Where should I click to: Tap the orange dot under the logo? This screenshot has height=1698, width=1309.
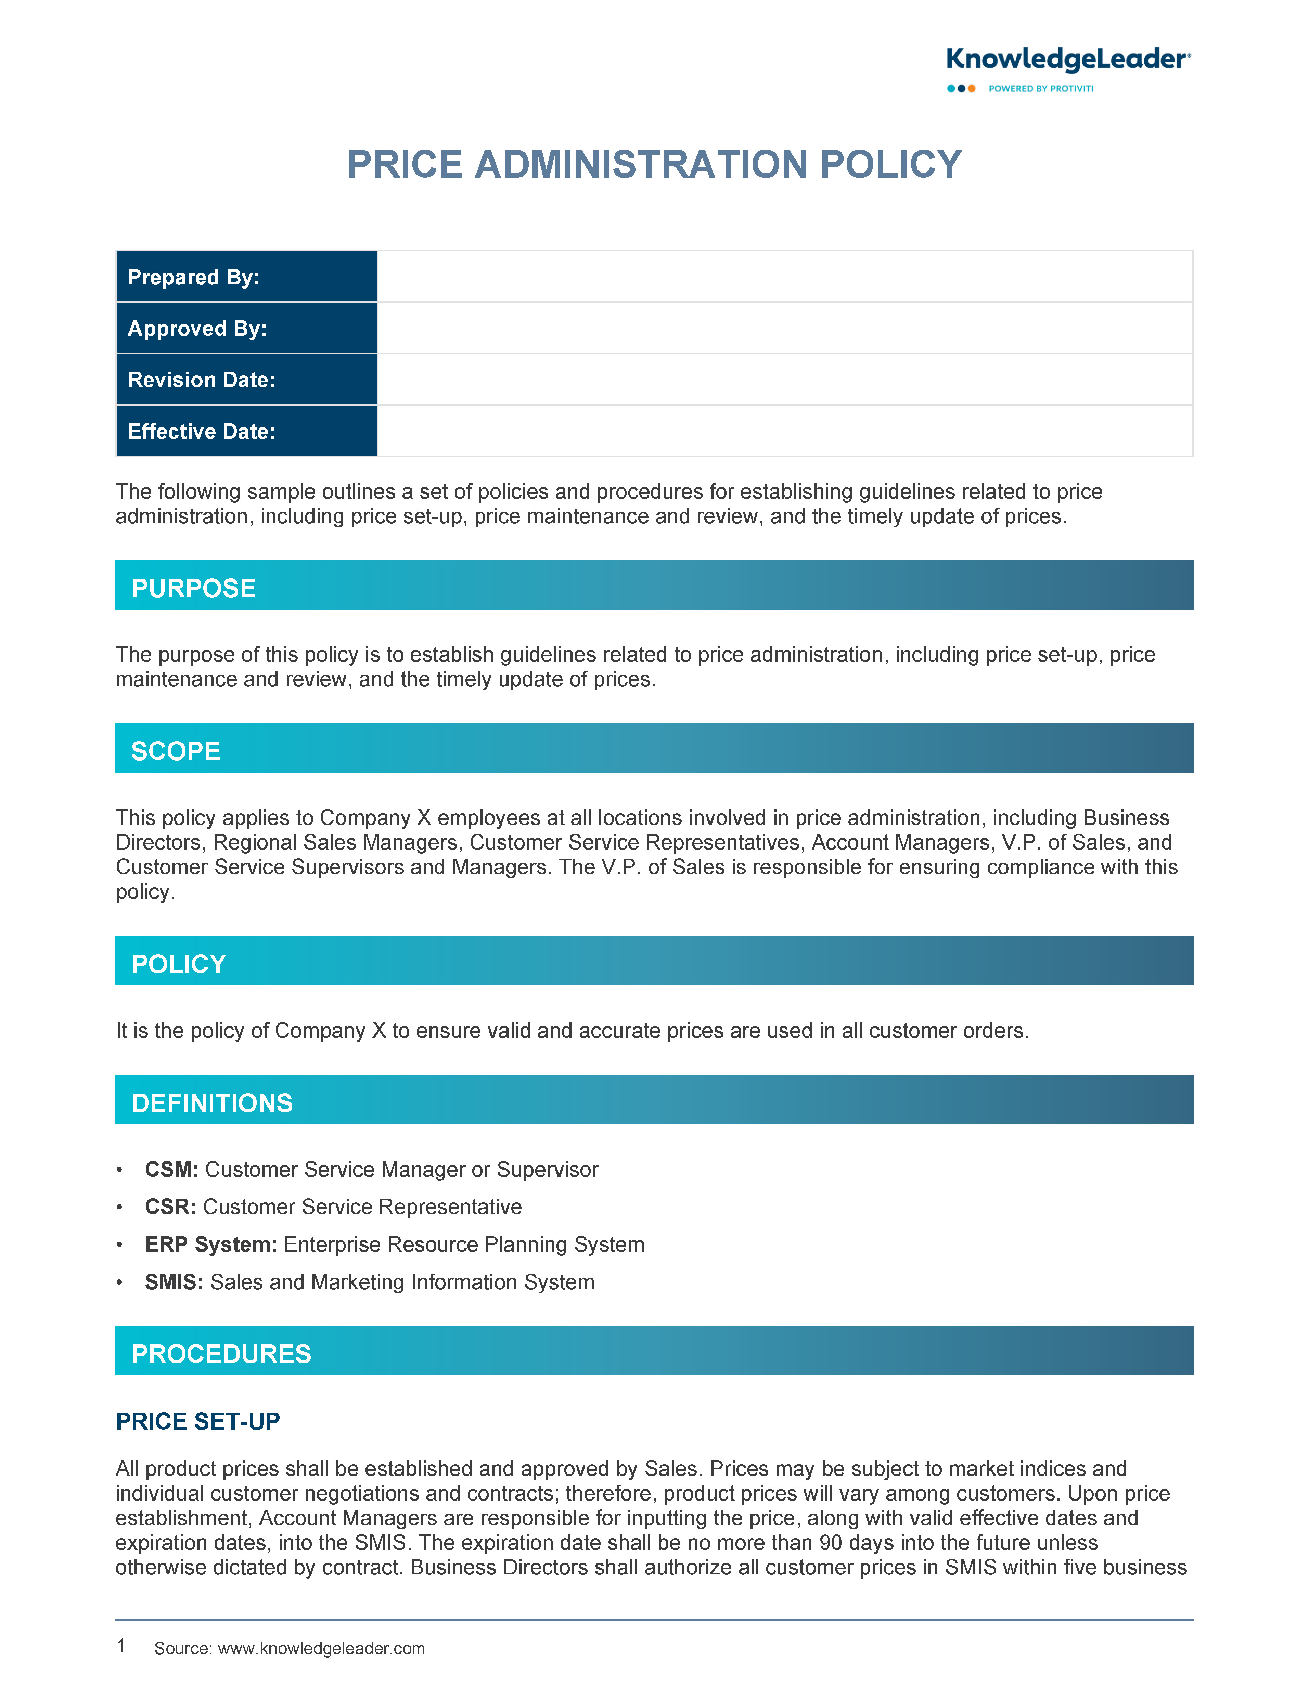972,89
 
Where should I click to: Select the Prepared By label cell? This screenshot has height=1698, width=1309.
246,277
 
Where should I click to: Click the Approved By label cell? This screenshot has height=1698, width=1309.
246,328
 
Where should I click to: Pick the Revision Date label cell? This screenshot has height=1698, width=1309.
246,380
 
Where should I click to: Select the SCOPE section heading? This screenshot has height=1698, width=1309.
176,751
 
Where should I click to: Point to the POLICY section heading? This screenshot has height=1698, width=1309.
179,964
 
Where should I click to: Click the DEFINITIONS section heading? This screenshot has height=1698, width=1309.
212,1103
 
